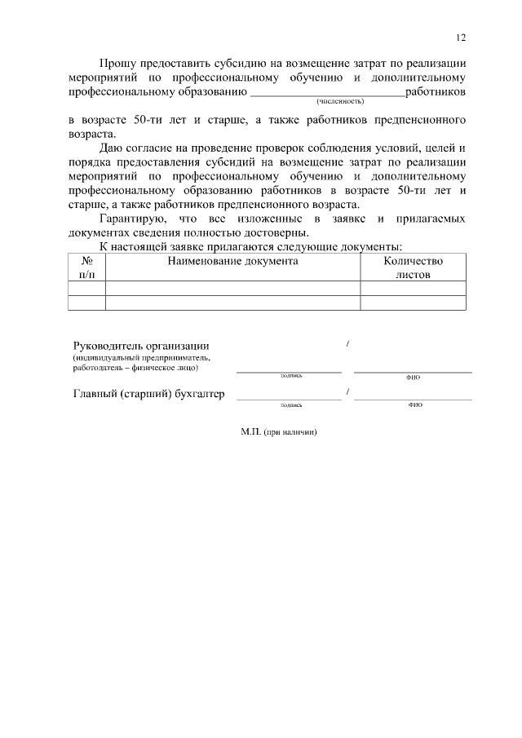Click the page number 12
(x=461, y=38)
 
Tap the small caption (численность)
(x=340, y=101)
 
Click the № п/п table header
(x=86, y=268)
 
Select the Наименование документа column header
(x=232, y=261)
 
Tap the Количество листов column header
(x=413, y=268)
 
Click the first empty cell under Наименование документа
(x=232, y=288)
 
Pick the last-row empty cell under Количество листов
(x=413, y=303)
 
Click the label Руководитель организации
(x=141, y=345)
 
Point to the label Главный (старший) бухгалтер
(x=148, y=395)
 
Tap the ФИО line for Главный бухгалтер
(x=413, y=398)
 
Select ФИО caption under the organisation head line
(x=413, y=378)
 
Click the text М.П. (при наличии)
(x=278, y=432)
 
